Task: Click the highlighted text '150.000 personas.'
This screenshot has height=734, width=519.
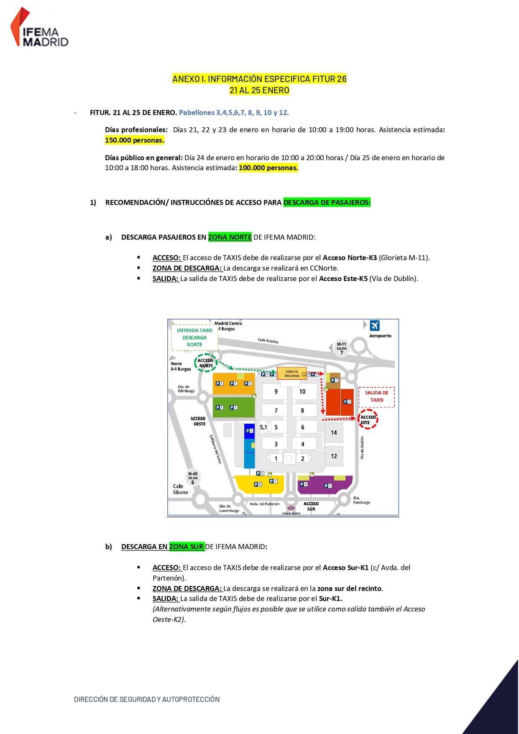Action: pyautogui.click(x=134, y=141)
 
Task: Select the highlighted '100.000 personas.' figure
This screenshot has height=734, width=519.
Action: pyautogui.click(x=268, y=168)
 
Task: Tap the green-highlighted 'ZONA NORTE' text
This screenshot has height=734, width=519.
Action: pyautogui.click(x=230, y=238)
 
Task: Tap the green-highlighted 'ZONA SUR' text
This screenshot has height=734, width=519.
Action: pyautogui.click(x=187, y=547)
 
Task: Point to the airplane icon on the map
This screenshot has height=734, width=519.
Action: pyautogui.click(x=375, y=325)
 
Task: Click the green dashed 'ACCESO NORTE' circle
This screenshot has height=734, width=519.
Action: pyautogui.click(x=205, y=363)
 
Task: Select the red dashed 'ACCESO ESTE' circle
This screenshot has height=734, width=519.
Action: pyautogui.click(x=368, y=419)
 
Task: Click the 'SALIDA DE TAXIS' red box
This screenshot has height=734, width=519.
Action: pyautogui.click(x=376, y=396)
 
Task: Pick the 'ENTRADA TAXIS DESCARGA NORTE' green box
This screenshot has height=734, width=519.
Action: pyautogui.click(x=194, y=338)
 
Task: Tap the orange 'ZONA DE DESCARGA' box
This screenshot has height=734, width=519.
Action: pyautogui.click(x=292, y=373)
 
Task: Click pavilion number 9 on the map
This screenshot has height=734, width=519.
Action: pyautogui.click(x=276, y=392)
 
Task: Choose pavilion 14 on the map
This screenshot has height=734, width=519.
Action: pyautogui.click(x=334, y=433)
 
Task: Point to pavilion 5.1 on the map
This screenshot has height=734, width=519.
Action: pyautogui.click(x=263, y=427)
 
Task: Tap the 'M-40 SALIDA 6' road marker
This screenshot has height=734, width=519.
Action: pyautogui.click(x=193, y=478)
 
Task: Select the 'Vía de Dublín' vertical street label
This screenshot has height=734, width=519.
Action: pyautogui.click(x=362, y=448)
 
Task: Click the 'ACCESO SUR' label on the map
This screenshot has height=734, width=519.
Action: pyautogui.click(x=311, y=506)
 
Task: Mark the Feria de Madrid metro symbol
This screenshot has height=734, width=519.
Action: pyautogui.click(x=291, y=508)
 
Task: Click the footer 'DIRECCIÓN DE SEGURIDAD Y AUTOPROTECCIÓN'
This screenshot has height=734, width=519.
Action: pyautogui.click(x=147, y=699)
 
